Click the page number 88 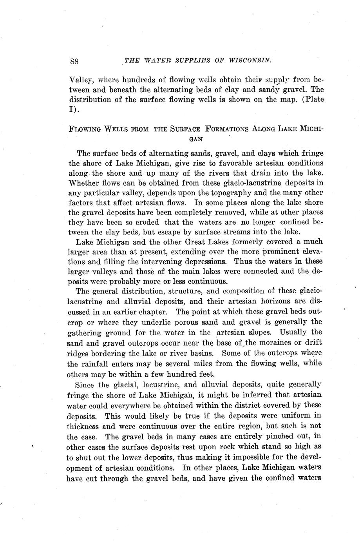74,62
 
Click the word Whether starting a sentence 83,183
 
